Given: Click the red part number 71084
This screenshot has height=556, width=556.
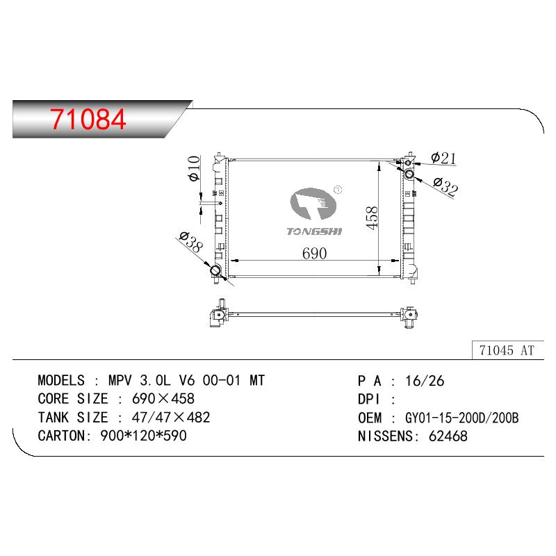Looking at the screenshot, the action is (88, 119).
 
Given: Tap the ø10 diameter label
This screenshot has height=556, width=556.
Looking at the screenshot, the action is (194, 168).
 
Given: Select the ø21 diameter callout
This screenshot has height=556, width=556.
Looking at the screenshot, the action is (443, 158).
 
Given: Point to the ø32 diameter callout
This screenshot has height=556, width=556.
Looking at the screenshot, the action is (445, 186).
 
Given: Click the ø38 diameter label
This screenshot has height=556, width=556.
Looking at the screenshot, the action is (191, 241).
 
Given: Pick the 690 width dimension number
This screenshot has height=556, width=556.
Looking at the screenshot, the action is (315, 254).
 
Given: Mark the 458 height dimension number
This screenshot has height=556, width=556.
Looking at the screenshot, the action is (372, 218).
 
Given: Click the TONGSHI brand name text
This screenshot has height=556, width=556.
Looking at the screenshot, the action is (314, 231).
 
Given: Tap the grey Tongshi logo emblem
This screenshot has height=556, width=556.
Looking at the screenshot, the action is (313, 204).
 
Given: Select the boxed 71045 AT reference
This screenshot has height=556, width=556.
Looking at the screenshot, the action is (507, 350).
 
